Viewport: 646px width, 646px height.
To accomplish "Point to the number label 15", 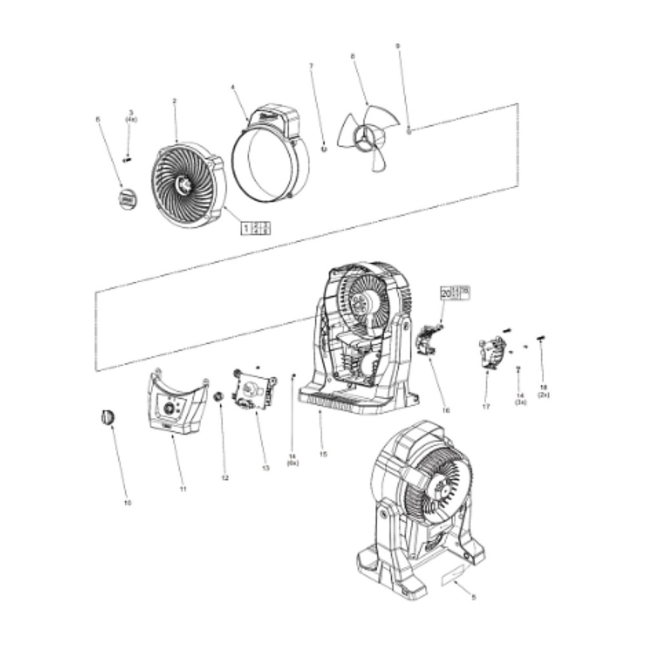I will pos(323,454).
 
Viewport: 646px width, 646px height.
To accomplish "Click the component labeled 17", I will pos(492,353).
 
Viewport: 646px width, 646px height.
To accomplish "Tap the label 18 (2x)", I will pos(542,390).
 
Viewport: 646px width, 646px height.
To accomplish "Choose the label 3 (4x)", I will pos(130,116).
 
